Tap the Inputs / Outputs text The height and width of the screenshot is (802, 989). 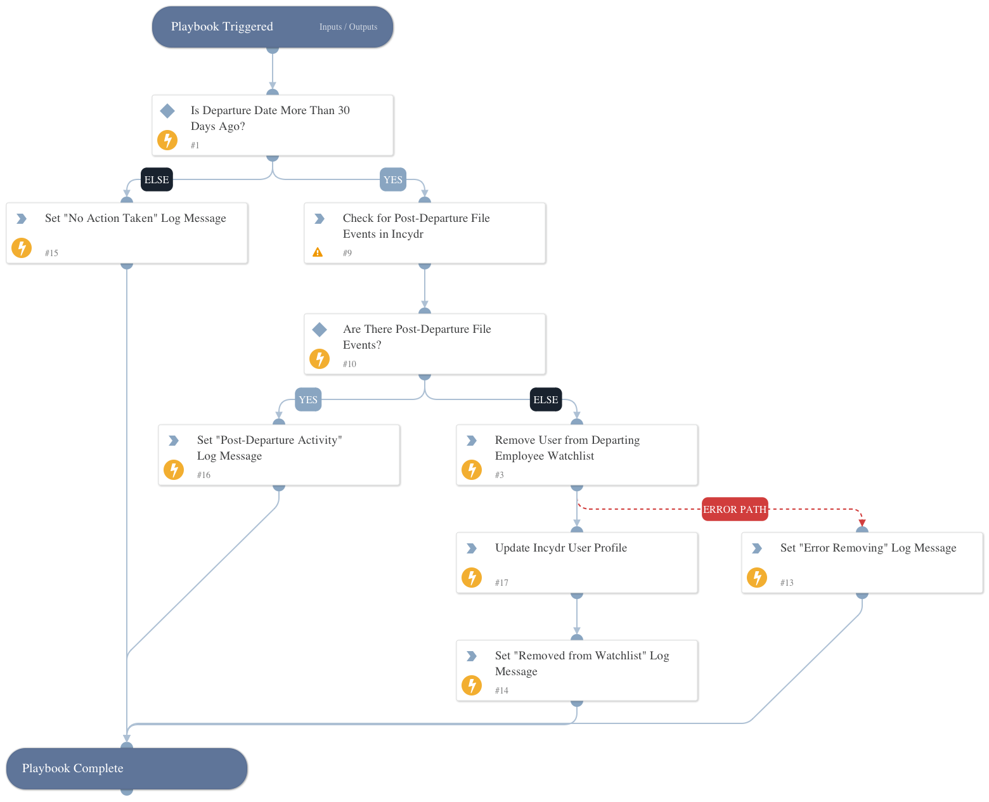tap(348, 27)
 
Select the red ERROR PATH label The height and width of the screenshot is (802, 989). tap(735, 509)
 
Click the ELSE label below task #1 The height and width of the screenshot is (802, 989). tap(157, 179)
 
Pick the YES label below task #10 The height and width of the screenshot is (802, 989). tap(308, 399)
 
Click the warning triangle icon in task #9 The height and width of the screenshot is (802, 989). tap(318, 252)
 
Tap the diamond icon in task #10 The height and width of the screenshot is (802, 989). tap(320, 329)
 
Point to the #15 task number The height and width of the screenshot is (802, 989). tap(51, 253)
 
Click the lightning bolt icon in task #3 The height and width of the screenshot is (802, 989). tap(472, 470)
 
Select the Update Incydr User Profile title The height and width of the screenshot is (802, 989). tap(560, 548)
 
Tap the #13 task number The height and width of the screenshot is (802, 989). tap(787, 583)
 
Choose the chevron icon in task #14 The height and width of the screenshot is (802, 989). tap(472, 656)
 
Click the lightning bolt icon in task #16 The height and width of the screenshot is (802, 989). tap(174, 470)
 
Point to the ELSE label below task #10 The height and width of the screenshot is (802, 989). tap(546, 399)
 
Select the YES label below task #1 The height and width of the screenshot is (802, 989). tap(393, 179)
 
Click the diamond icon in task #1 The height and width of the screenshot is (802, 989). tap(167, 111)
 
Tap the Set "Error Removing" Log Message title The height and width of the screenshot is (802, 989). tap(868, 548)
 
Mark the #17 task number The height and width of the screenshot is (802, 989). tap(501, 583)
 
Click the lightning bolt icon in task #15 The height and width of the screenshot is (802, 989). tap(22, 248)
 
